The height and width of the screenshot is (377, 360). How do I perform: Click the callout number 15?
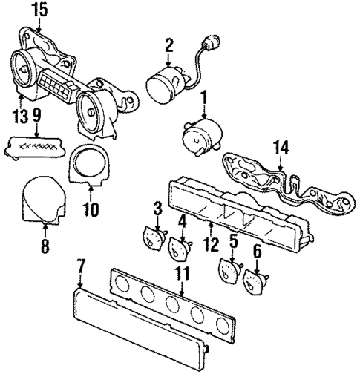pyautogui.click(x=39, y=10)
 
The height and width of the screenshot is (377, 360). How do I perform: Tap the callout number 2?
pyautogui.click(x=169, y=46)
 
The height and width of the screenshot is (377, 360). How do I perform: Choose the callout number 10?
pyautogui.click(x=91, y=210)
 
